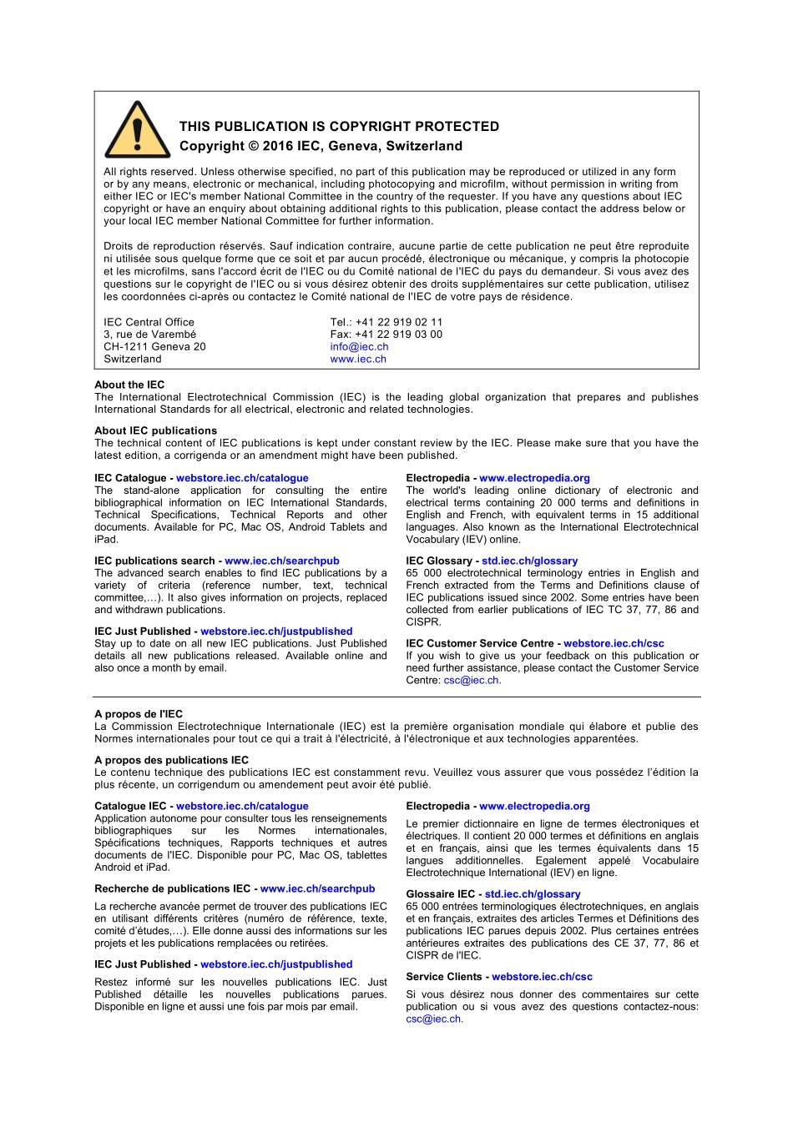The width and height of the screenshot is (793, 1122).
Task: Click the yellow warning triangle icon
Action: tap(138, 132)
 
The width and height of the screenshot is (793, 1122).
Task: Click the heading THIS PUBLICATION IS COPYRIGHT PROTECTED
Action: tap(339, 127)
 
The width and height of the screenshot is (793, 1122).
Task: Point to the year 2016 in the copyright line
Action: tap(278, 146)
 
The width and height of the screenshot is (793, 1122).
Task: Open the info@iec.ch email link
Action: tap(359, 347)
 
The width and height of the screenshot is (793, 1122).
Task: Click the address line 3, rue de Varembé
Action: tap(149, 335)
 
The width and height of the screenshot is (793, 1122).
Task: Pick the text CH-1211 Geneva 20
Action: tap(154, 347)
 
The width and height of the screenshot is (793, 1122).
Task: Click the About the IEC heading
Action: tap(129, 385)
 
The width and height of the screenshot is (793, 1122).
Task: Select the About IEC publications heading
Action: tap(155, 430)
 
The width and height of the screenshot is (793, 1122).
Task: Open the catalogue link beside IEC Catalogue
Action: tap(242, 478)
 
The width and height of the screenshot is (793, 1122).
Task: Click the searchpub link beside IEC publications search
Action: tap(282, 561)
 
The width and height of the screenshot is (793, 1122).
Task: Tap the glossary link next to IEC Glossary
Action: tap(529, 561)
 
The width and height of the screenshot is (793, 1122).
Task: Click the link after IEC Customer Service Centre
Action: tap(614, 643)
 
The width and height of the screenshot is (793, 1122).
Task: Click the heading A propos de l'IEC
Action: tap(139, 714)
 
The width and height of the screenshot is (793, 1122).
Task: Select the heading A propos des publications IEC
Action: tap(171, 760)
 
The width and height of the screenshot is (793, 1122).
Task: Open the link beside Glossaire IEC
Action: tap(533, 894)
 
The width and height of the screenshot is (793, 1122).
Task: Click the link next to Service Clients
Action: tap(542, 977)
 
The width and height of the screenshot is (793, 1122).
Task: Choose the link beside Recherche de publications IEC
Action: tap(317, 889)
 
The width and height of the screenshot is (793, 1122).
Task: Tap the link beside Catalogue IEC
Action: tap(242, 806)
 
